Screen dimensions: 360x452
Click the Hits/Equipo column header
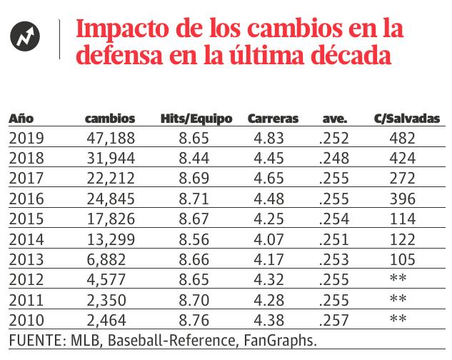tap(196, 119)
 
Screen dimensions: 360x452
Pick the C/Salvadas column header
tap(407, 119)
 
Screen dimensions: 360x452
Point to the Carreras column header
tap(273, 119)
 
